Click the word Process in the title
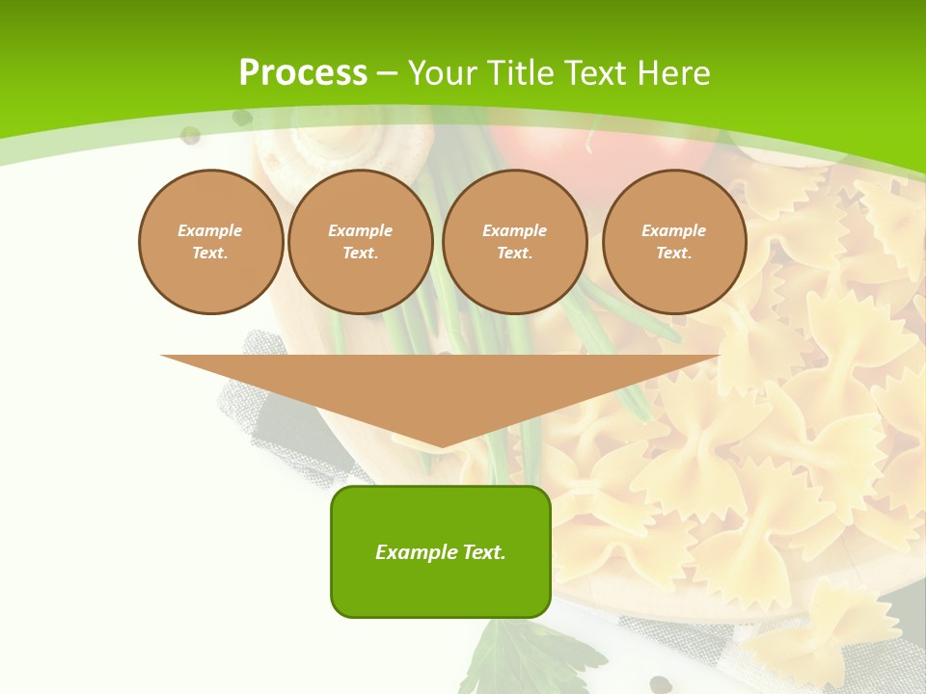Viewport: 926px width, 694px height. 303,73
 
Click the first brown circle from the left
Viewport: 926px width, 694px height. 210,242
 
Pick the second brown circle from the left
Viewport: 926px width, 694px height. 361,242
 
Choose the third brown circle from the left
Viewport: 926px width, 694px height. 515,242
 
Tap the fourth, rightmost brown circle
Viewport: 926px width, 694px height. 674,242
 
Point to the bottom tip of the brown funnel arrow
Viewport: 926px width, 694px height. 441,445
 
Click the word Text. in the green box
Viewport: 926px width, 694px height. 483,552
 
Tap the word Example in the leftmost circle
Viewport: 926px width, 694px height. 210,230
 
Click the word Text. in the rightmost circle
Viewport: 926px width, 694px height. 674,254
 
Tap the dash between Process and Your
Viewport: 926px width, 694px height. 387,73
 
